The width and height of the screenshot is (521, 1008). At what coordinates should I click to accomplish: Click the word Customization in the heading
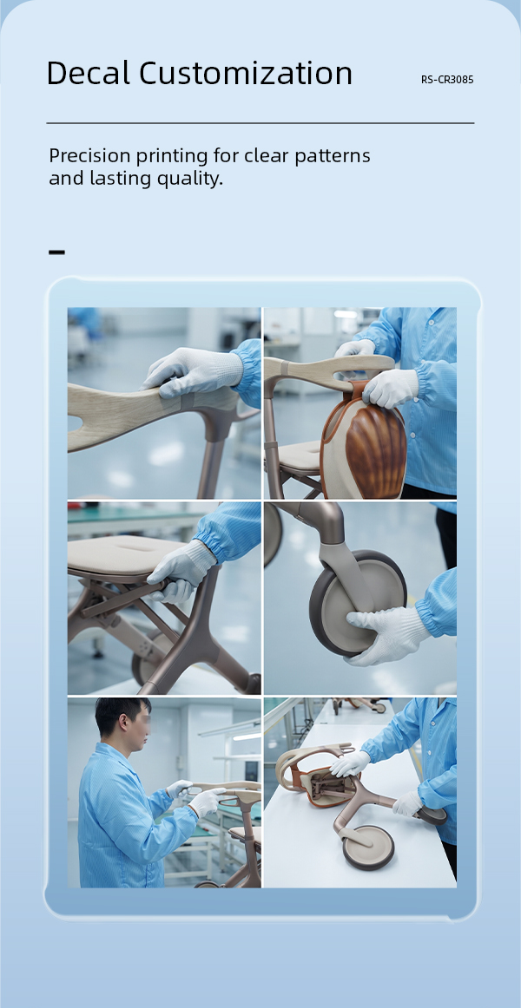[x=246, y=73]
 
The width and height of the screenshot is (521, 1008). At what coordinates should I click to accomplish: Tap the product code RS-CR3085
[x=447, y=80]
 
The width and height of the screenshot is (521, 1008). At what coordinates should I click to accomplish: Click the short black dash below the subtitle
[x=56, y=252]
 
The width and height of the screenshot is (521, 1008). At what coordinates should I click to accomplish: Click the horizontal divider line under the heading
[x=260, y=123]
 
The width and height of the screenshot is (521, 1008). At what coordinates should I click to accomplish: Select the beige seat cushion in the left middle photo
[x=122, y=553]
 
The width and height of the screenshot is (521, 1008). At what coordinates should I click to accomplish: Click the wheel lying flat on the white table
[x=368, y=848]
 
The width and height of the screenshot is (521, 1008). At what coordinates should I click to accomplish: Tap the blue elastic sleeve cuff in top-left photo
[x=248, y=371]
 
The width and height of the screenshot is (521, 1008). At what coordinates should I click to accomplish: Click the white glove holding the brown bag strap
[x=388, y=389]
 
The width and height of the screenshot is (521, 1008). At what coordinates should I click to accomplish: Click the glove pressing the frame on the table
[x=351, y=763]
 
